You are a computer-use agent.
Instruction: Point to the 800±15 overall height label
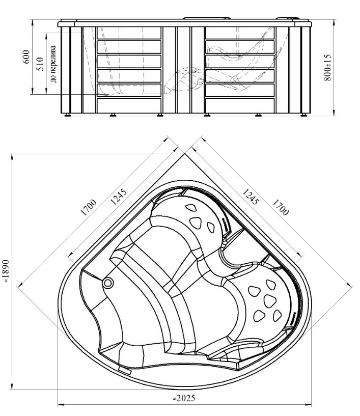pyautogui.click(x=328, y=67)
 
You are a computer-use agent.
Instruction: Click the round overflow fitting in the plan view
pyautogui.click(x=108, y=283)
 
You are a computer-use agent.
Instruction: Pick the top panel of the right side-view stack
pyautogui.click(x=239, y=33)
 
